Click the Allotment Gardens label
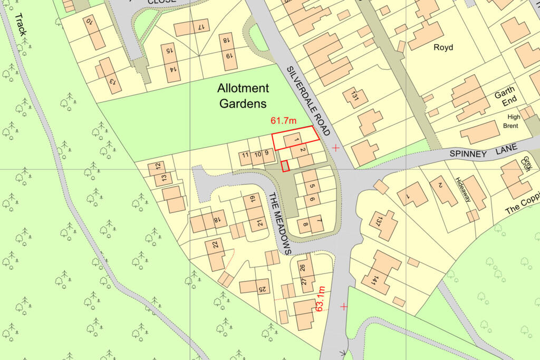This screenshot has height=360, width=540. coord(243,96)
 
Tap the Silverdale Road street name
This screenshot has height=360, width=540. coord(308,101)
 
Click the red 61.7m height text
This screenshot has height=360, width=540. coord(284,121)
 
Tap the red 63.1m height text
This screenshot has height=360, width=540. coord(320,298)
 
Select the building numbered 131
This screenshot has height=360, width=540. coord(354,97)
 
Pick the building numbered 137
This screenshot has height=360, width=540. coord(383,223)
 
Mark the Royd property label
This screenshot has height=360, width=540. coord(443,47)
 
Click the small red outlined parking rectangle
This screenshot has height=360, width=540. coord(285,166)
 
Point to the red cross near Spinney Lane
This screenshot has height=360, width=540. coord(336,148)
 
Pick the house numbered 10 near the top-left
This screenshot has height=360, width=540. coord(93,32)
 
